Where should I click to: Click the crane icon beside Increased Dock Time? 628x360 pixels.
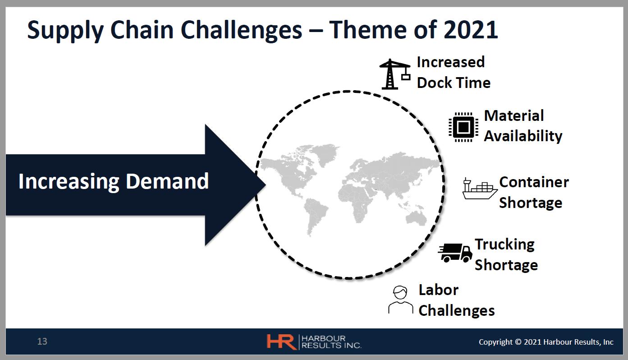tap(395, 74)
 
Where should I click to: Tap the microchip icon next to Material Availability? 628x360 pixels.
tap(463, 127)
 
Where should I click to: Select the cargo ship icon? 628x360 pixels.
tap(480, 189)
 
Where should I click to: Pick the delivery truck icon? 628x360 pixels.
tap(455, 253)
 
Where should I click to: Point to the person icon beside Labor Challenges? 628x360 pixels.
tap(401, 300)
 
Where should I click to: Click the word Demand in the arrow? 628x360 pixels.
tap(167, 181)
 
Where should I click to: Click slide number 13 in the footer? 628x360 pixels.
tap(42, 342)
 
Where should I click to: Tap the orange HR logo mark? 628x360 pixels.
tap(281, 342)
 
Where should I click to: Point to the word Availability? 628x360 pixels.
tap(523, 136)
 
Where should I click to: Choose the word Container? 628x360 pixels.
tap(534, 182)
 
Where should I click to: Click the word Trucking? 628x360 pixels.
tap(504, 245)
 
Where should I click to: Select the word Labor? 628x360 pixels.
tap(439, 290)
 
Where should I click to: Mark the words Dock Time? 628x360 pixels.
tap(454, 83)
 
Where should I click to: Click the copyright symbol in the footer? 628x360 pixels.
tap(518, 342)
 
